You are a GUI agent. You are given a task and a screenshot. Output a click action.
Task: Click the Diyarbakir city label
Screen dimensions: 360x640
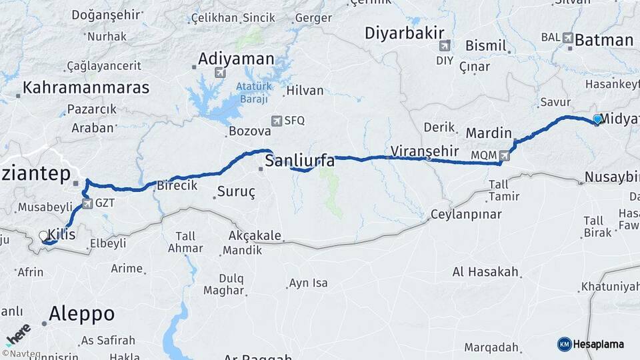tap(405, 33)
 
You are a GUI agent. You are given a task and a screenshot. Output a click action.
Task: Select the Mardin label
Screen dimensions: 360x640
tap(489, 133)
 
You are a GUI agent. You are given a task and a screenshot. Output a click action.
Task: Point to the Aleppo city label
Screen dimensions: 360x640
tap(81, 313)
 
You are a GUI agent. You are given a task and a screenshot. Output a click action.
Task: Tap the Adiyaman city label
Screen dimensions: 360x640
tap(235, 59)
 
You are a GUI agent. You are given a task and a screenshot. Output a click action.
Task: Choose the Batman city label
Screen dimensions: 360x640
tap(603, 40)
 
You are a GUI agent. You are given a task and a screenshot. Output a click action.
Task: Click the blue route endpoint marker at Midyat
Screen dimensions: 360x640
tap(597, 119)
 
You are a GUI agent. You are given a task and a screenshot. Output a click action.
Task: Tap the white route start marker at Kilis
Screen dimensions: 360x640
tap(44, 236)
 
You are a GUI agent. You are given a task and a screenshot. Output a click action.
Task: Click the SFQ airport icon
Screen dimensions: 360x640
tap(277, 121)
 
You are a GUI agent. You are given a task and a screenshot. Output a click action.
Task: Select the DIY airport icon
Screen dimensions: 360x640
tap(445, 46)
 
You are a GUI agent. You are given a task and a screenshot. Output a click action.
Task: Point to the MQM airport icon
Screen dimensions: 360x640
tap(504, 155)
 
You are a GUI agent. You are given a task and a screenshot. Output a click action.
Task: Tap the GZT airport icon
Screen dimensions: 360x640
tap(87, 203)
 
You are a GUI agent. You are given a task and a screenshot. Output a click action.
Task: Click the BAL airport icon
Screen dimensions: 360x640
tap(568, 37)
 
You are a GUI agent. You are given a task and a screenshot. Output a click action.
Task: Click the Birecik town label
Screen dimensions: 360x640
tap(177, 186)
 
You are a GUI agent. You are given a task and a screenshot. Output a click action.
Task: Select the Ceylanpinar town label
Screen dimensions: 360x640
tap(464, 214)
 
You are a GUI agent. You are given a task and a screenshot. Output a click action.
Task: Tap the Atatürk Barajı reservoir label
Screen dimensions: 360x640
tap(252, 93)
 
